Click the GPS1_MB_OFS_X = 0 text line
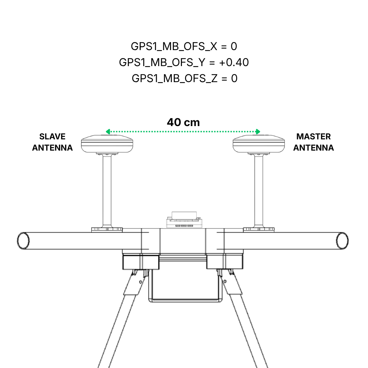tap(184, 46)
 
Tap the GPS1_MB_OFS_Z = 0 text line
tap(184, 78)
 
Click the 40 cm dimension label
tap(183, 122)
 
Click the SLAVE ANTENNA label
tap(52, 142)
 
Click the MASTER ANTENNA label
tap(313, 142)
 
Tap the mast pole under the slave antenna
tap(107, 191)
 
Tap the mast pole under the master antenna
tap(259, 191)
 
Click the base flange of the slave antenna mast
tap(107, 229)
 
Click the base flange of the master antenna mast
tap(259, 229)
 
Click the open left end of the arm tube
tap(23, 241)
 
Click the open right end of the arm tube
tap(342, 241)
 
